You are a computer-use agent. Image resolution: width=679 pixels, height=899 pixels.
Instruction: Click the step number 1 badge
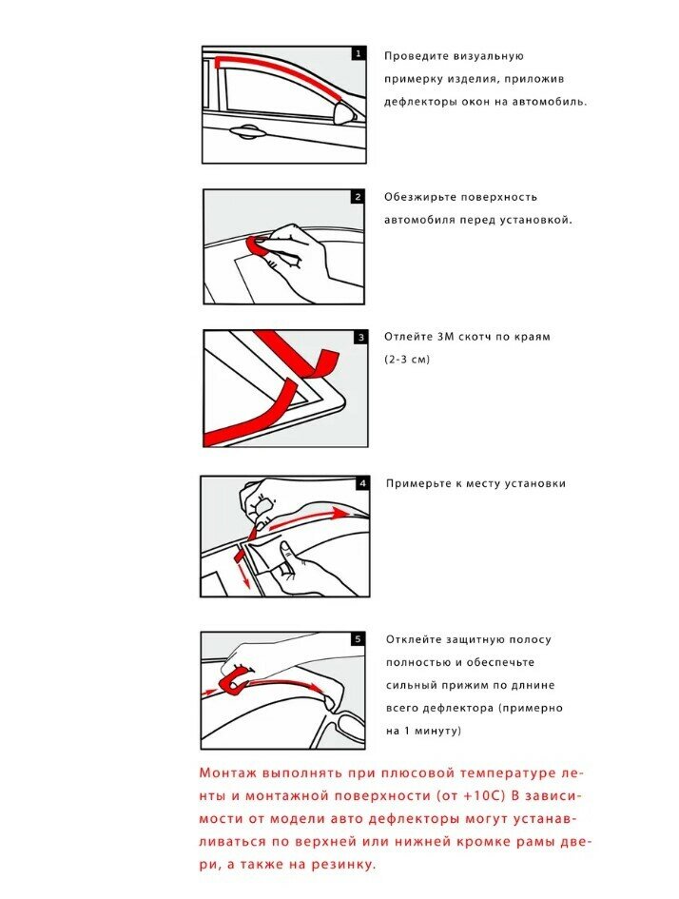click(358, 54)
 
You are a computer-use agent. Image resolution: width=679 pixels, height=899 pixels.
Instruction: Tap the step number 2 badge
click(358, 197)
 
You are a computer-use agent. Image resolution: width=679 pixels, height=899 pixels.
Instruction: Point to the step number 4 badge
click(360, 483)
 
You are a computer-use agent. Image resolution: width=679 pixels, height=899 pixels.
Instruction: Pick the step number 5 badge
click(358, 639)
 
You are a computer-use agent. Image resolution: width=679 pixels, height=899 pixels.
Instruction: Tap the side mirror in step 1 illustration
click(345, 116)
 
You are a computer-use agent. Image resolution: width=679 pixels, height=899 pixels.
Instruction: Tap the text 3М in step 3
click(447, 337)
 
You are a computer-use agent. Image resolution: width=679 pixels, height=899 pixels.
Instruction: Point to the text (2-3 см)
click(407, 360)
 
